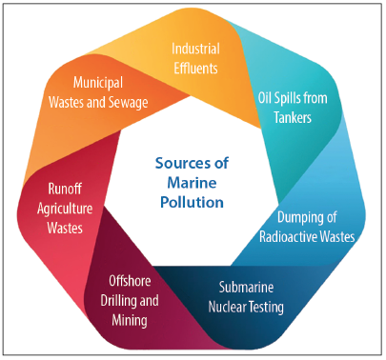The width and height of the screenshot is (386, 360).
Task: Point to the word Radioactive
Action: click(293, 235)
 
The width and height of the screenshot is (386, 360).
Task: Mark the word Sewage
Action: click(141, 101)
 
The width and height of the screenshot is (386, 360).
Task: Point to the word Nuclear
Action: click(228, 306)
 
